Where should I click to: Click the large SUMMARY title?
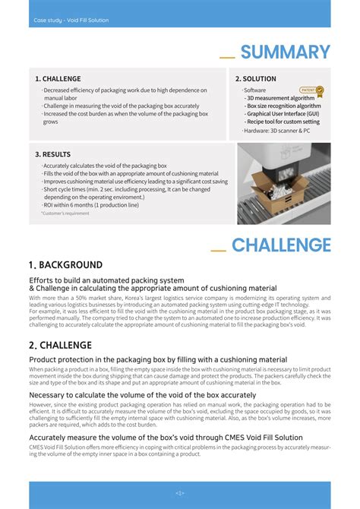click(286, 52)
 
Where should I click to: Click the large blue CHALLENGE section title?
click(281, 245)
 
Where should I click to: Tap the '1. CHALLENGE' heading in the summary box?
click(58, 79)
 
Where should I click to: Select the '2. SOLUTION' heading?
click(255, 79)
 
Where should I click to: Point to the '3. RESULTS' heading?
click(52, 154)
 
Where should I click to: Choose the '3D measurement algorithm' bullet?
click(279, 98)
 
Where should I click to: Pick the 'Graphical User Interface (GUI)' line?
click(282, 114)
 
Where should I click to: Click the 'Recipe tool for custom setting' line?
click(282, 122)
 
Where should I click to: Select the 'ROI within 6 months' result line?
click(91, 205)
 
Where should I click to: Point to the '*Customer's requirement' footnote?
click(65, 213)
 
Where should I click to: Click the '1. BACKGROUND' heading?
click(65, 265)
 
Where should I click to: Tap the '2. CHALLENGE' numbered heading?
click(60, 345)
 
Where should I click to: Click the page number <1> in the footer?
click(180, 493)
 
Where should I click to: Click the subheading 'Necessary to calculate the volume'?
click(142, 395)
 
